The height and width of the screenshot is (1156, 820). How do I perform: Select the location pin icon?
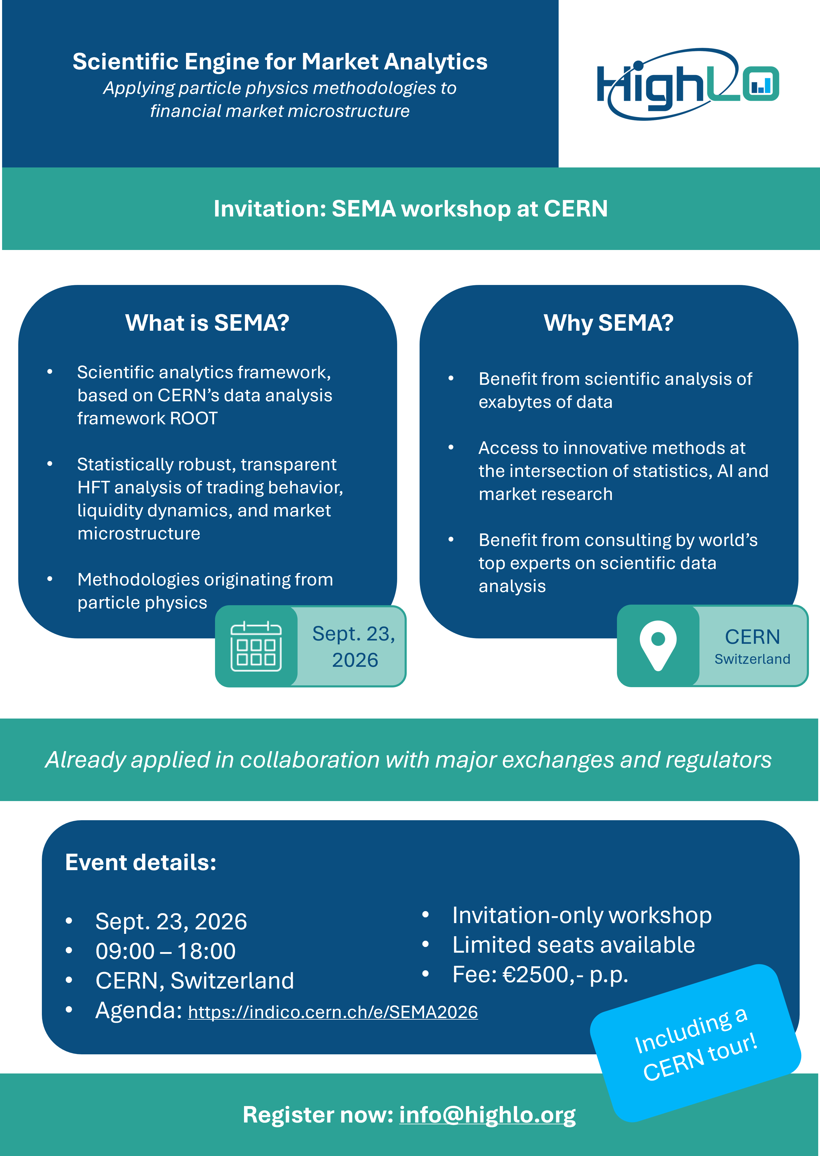click(x=658, y=645)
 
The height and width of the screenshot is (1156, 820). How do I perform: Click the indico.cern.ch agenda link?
click(x=333, y=1012)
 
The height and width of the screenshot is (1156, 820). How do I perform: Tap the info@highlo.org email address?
click(x=487, y=1115)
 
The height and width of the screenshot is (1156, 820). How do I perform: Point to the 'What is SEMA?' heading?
click(x=207, y=323)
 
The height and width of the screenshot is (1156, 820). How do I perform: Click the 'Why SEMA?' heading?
click(x=609, y=323)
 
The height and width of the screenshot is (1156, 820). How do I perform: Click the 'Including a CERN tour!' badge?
click(x=695, y=1044)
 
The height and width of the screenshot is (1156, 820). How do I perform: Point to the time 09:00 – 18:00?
click(x=166, y=951)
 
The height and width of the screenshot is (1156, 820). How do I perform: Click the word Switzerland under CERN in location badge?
click(x=752, y=659)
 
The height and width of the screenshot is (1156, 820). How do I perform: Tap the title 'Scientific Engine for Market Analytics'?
click(x=280, y=62)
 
